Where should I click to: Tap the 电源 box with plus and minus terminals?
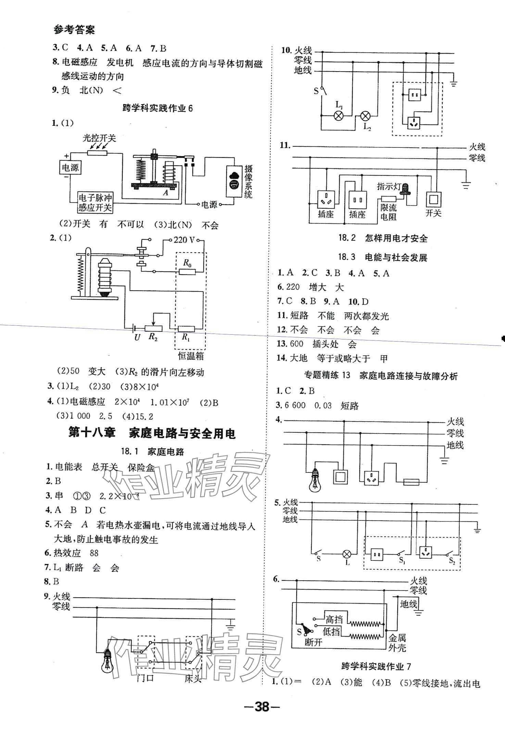pyautogui.click(x=70, y=168)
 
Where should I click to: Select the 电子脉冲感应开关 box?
pyautogui.click(x=95, y=203)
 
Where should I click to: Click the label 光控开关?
pyautogui.click(x=99, y=138)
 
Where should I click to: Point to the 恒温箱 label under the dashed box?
pyautogui.click(x=191, y=356)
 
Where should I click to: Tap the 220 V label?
pyautogui.click(x=184, y=240)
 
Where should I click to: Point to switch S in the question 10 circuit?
pyautogui.click(x=322, y=91)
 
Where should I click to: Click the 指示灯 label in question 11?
pyautogui.click(x=389, y=186)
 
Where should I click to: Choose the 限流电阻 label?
pyautogui.click(x=388, y=212)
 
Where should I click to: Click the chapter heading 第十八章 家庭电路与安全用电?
pyautogui.click(x=152, y=434)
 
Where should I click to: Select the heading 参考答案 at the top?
pyautogui.click(x=74, y=30)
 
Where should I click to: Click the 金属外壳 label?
pyautogui.click(x=397, y=643)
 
